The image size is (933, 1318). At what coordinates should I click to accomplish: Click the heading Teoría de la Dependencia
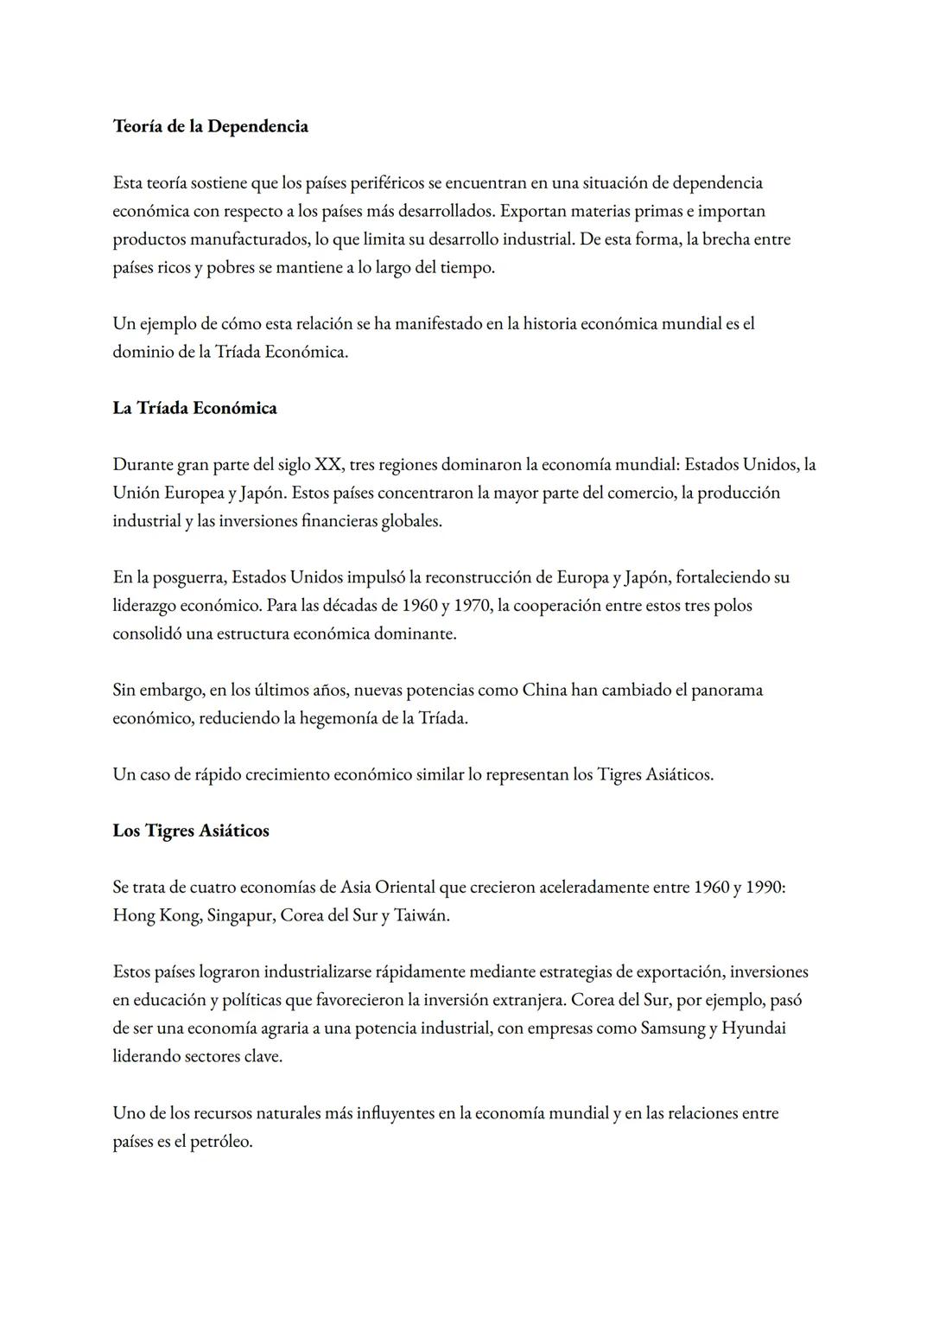pos(210,126)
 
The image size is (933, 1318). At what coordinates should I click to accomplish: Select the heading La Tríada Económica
pos(194,408)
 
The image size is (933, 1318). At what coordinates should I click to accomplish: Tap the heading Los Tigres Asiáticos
pos(191,831)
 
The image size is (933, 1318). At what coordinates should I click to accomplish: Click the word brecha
pos(726,239)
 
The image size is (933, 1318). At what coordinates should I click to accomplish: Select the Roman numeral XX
pos(327,465)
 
